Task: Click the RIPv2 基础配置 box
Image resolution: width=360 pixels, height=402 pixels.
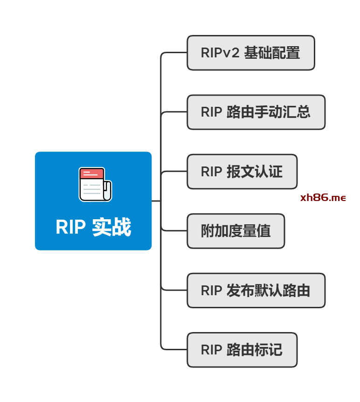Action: [x=251, y=53]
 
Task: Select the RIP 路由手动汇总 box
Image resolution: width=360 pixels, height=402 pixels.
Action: [x=256, y=112]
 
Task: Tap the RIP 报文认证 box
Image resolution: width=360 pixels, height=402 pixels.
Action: [x=242, y=172]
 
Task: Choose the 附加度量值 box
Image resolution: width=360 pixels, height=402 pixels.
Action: [x=235, y=231]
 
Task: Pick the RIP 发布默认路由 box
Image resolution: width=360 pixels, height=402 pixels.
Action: [x=256, y=291]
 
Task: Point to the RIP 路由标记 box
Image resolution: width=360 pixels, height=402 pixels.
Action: [x=242, y=350]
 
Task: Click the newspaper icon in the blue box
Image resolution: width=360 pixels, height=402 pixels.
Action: [x=95, y=184]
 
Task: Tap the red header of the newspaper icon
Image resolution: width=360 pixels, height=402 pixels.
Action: [x=91, y=174]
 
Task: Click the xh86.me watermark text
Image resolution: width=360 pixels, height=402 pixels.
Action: [x=323, y=198]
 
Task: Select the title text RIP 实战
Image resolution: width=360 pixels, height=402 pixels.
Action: [x=93, y=228]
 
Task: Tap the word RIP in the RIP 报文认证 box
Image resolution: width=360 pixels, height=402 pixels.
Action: [x=211, y=172]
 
